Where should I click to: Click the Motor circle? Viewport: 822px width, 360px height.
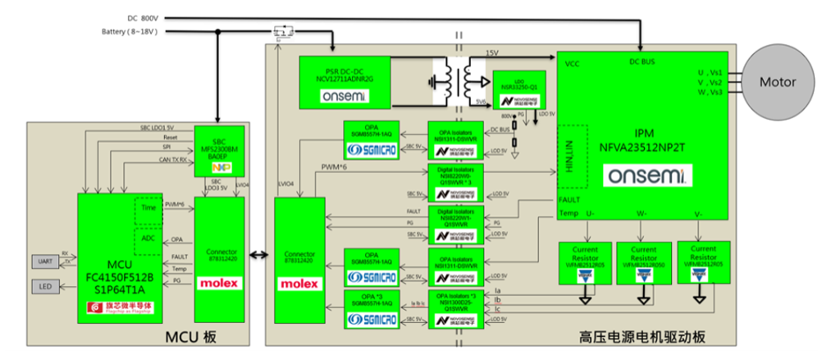click(x=775, y=82)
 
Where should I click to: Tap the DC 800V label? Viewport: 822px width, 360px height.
click(x=141, y=18)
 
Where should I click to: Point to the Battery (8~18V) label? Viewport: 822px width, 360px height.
click(x=131, y=34)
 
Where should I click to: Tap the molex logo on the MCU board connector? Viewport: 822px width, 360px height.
click(x=218, y=283)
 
